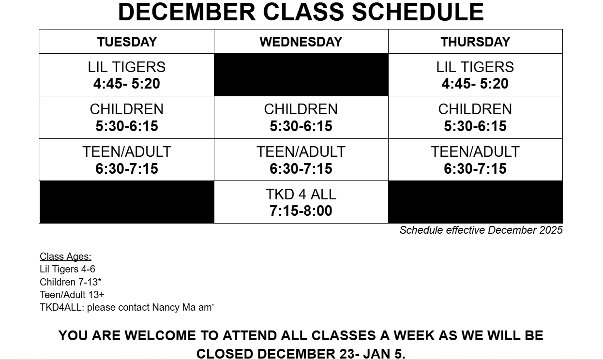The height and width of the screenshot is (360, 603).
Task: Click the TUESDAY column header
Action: [127, 42]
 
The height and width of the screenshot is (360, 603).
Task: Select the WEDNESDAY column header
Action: [301, 42]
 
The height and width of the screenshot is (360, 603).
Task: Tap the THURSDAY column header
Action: [475, 42]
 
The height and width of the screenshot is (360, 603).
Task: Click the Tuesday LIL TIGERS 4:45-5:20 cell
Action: [127, 75]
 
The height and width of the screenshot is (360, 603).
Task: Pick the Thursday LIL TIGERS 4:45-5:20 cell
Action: [475, 75]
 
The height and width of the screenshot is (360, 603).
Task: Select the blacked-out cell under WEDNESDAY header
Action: [301, 75]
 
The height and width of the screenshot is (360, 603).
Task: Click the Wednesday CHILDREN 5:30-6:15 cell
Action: [301, 117]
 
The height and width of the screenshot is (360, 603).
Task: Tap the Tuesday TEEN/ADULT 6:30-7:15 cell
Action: [127, 160]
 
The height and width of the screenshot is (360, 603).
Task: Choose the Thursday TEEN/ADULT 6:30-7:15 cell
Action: [475, 160]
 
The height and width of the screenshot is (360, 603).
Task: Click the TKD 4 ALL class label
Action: [301, 194]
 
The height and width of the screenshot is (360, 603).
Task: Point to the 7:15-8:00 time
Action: [301, 210]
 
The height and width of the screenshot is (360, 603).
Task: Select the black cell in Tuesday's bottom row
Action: [127, 202]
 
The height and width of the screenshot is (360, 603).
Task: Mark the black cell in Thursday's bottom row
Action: [475, 202]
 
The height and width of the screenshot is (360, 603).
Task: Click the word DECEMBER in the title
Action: [187, 12]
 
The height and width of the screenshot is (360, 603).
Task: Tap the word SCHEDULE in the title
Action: [418, 12]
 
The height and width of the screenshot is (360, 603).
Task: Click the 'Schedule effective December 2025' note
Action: [481, 230]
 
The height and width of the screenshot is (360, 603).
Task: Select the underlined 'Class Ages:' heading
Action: [65, 256]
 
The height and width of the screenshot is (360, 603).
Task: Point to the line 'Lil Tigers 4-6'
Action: [67, 269]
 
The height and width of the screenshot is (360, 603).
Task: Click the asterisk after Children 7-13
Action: [100, 280]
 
